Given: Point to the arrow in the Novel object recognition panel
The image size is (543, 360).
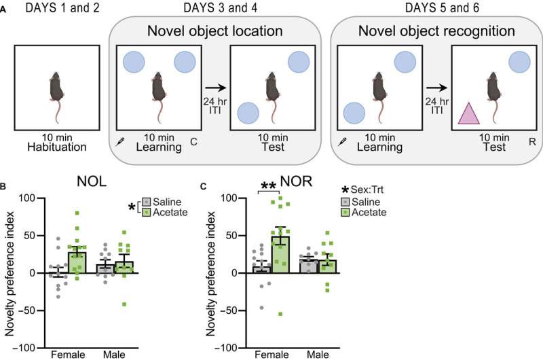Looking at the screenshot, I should [434, 86].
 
